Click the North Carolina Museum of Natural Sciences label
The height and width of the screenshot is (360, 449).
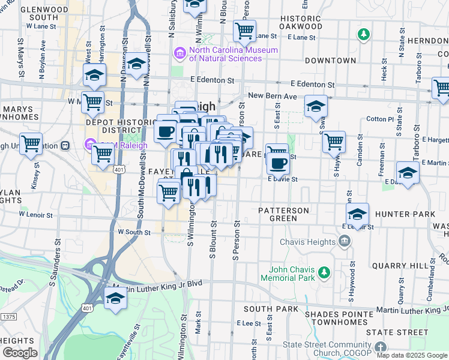pyautogui.click(x=233, y=54)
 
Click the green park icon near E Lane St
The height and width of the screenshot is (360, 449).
pyautogui.click(x=363, y=34)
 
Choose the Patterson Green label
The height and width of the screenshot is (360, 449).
pyautogui.click(x=284, y=214)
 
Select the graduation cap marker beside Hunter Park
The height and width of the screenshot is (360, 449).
pyautogui.click(x=357, y=214)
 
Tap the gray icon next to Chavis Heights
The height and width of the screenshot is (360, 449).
pyautogui.click(x=345, y=242)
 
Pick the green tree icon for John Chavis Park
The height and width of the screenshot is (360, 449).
pyautogui.click(x=324, y=274)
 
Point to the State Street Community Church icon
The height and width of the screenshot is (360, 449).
pyautogui.click(x=381, y=348)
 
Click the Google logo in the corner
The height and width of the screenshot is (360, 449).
pyautogui.click(x=19, y=353)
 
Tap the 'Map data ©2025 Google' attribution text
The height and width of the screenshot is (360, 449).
pyautogui.click(x=412, y=355)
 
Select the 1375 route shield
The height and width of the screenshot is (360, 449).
pyautogui.click(x=8, y=316)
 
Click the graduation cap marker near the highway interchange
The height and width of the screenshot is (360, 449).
pyautogui.click(x=115, y=298)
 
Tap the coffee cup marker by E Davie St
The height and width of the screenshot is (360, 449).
pyautogui.click(x=277, y=163)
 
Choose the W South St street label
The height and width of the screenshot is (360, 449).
pyautogui.click(x=134, y=232)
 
